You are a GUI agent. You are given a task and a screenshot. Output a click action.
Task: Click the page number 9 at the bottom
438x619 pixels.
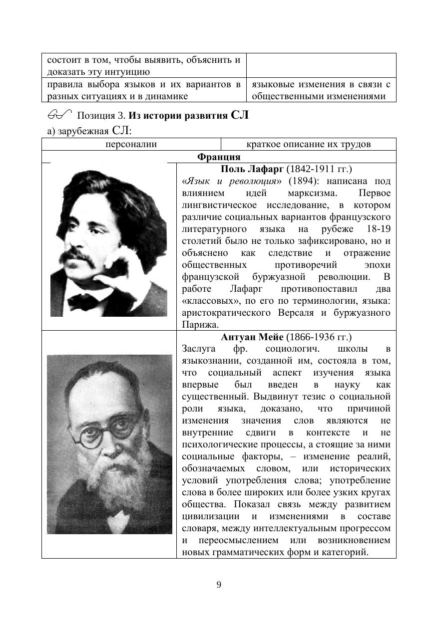[x=219, y=585]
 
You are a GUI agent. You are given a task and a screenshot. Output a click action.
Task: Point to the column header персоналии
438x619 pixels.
[x=131, y=145]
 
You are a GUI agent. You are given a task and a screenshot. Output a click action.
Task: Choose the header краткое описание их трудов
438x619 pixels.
[x=309, y=145]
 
